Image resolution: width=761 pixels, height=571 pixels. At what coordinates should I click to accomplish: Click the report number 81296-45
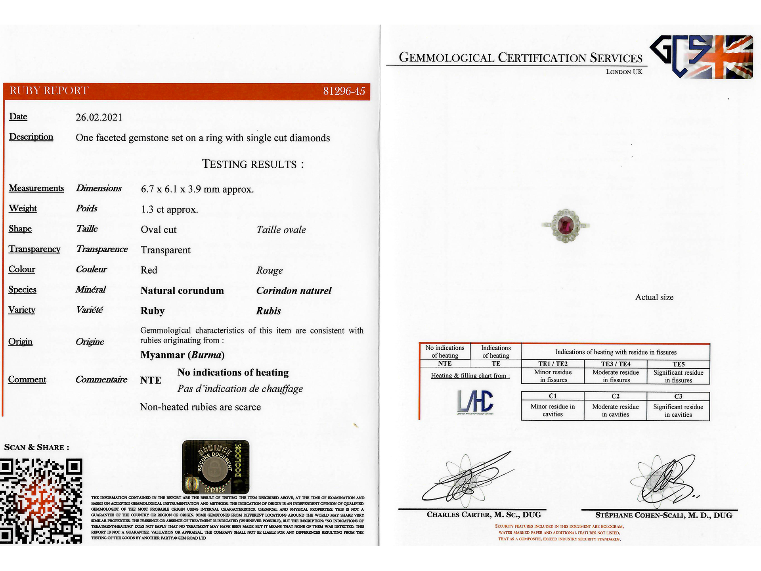pyautogui.click(x=344, y=91)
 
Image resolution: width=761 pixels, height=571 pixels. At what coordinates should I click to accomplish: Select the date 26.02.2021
pyautogui.click(x=99, y=117)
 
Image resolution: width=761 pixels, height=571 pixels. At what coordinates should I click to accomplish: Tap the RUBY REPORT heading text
pyautogui.click(x=49, y=91)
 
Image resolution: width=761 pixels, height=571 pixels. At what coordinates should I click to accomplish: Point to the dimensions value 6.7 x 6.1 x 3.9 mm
pyautogui.click(x=197, y=189)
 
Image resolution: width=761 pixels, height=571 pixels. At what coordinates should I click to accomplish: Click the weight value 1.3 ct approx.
pyautogui.click(x=169, y=209)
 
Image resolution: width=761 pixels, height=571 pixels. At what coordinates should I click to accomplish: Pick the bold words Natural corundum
pyautogui.click(x=182, y=291)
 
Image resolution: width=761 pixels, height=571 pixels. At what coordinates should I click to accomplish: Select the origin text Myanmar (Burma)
pyautogui.click(x=182, y=355)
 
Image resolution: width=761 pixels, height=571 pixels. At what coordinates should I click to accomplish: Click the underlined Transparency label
pyautogui.click(x=34, y=249)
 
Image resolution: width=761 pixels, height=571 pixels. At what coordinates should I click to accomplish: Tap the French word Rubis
pyautogui.click(x=268, y=311)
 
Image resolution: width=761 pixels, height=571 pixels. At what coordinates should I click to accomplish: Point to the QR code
pyautogui.click(x=41, y=501)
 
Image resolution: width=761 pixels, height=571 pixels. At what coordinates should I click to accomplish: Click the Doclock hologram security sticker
pyautogui.click(x=216, y=467)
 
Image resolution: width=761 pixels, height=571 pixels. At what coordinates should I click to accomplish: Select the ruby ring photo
pyautogui.click(x=566, y=226)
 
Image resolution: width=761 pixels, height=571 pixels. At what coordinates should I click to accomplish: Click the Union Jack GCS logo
pyautogui.click(x=702, y=57)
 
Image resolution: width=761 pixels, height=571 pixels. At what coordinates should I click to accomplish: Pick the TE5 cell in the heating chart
pyautogui.click(x=678, y=364)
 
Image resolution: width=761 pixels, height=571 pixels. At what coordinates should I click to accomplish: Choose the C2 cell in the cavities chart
pyautogui.click(x=615, y=396)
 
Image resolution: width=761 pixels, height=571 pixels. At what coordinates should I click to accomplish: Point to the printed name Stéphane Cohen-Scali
pyautogui.click(x=663, y=515)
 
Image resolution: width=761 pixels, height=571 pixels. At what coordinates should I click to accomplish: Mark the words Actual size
pyautogui.click(x=654, y=297)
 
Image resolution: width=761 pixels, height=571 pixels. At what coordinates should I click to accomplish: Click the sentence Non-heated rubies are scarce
pyautogui.click(x=200, y=407)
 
